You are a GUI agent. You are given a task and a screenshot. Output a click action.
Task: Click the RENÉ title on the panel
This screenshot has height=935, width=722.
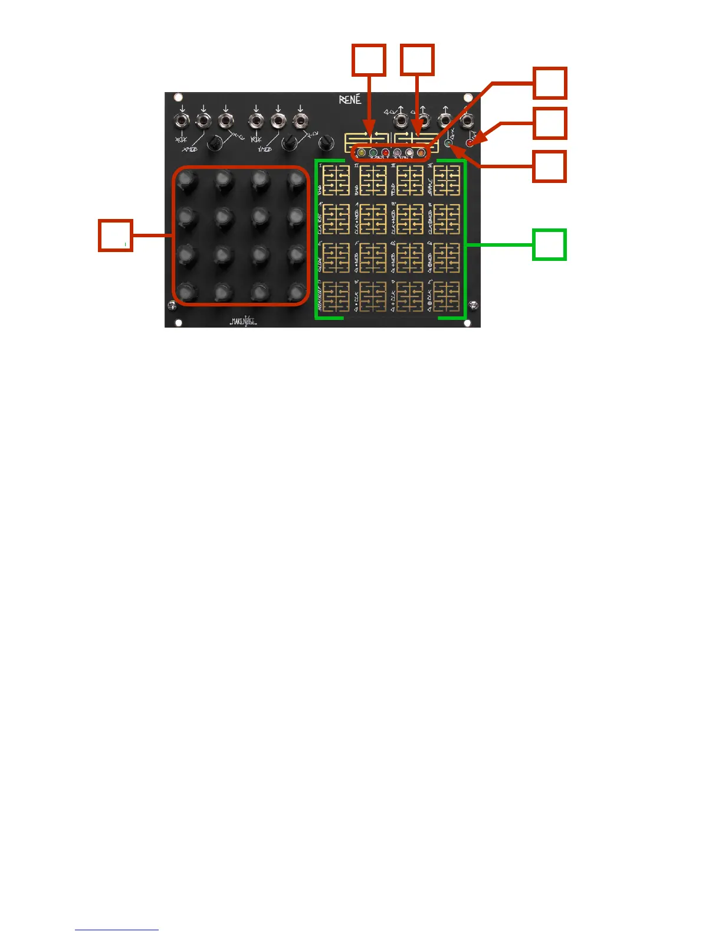click(x=350, y=100)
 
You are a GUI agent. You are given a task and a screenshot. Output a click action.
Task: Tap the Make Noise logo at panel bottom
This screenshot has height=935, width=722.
click(x=243, y=322)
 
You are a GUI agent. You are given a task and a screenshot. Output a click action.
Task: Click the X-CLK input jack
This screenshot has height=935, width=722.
click(x=182, y=122)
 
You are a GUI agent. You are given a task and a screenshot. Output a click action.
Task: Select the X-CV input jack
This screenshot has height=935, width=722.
click(x=225, y=122)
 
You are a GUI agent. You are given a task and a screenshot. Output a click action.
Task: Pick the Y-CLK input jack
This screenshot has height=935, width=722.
click(x=255, y=122)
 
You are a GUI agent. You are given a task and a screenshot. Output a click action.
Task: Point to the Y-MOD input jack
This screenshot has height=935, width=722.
click(x=277, y=122)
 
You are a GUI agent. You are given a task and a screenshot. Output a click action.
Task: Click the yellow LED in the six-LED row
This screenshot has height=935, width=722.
click(x=361, y=153)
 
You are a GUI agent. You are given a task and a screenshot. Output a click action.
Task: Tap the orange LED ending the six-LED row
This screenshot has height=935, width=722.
click(x=421, y=153)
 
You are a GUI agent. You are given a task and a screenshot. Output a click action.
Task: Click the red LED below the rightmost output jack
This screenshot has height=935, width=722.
click(x=470, y=143)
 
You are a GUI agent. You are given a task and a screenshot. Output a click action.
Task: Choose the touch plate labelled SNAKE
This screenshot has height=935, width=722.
click(x=447, y=180)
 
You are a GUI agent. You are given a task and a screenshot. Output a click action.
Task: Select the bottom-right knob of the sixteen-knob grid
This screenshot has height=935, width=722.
click(x=296, y=292)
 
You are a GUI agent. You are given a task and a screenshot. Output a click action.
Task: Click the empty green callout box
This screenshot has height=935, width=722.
click(x=549, y=244)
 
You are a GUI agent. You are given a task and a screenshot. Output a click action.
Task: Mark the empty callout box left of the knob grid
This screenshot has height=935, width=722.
click(x=115, y=236)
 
